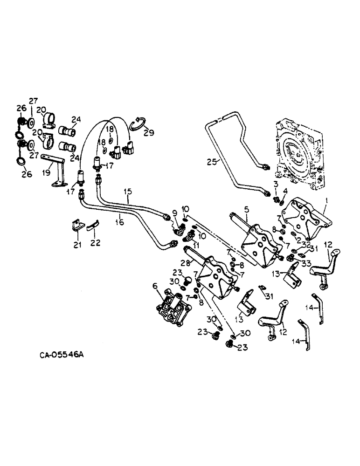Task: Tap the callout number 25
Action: [x=212, y=162]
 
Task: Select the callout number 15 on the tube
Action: [x=128, y=191]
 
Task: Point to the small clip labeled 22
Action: [x=92, y=227]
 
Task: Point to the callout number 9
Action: [x=175, y=213]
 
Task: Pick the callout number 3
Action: [x=276, y=185]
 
